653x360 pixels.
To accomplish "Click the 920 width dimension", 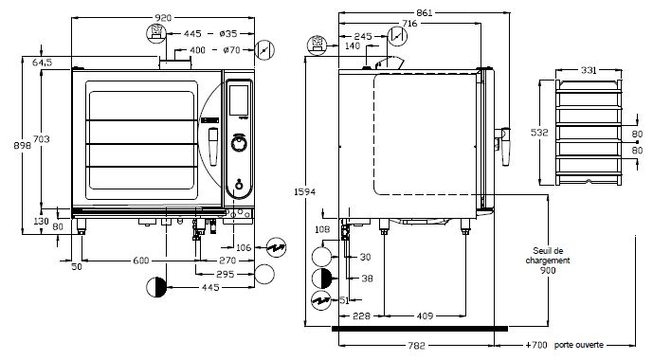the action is (x=163, y=17).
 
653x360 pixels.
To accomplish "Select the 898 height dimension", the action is (x=22, y=145).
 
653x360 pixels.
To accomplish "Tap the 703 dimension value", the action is (x=42, y=139).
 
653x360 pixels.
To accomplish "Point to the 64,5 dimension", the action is (x=42, y=63).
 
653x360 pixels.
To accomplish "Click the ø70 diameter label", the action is (x=231, y=50).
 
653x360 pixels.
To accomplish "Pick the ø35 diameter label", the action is (x=228, y=33).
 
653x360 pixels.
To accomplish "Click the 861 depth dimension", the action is (x=425, y=13).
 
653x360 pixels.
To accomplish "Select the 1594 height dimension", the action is (x=305, y=192).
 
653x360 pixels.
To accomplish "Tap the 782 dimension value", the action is (x=416, y=346).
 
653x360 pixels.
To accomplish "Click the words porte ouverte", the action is (x=579, y=345).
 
